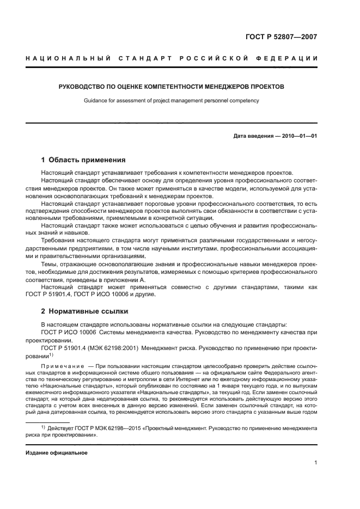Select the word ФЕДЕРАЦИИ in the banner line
[291, 58]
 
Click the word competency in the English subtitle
[246, 100]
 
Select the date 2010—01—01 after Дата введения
[298, 136]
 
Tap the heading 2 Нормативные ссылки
[84, 311]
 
